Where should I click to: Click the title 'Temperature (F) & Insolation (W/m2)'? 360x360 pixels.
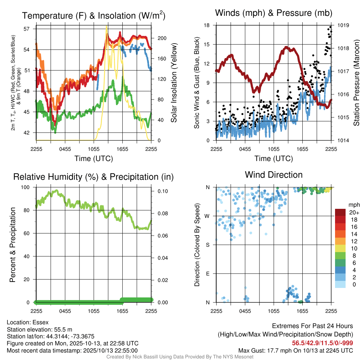pos(94,15)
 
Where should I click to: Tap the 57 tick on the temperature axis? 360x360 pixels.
pos(26,29)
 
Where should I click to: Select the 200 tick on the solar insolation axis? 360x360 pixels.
pos(159,38)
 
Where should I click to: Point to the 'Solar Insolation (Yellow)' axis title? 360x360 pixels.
pos(174,83)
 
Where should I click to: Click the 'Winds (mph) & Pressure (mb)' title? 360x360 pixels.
pos(274,13)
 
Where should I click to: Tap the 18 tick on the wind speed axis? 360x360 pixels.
pos(207,25)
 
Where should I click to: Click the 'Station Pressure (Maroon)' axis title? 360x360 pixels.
pos(356,83)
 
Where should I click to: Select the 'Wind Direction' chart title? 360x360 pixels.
pos(274,175)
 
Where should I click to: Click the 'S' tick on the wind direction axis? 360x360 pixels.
pos(208,245)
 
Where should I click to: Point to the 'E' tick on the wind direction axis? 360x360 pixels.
pos(208,274)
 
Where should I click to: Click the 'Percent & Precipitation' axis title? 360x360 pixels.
pos(13,245)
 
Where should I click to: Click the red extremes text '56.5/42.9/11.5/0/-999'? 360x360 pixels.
pos(322,343)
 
